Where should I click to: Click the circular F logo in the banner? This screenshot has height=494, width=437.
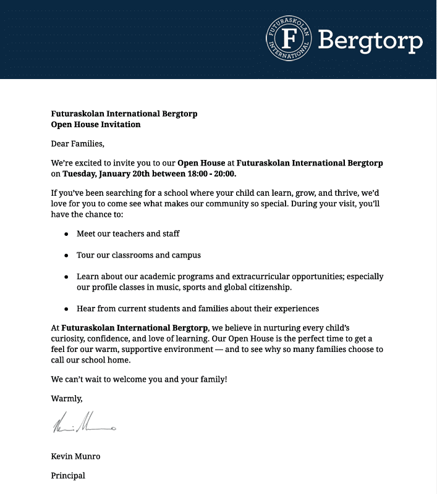[289, 38]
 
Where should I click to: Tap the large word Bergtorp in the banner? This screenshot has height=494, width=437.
[370, 41]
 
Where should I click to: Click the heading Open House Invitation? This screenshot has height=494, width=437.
[96, 124]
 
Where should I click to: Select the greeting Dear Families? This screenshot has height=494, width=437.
[78, 144]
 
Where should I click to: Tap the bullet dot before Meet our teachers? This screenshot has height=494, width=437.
[66, 234]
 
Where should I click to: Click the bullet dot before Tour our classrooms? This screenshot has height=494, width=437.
[66, 255]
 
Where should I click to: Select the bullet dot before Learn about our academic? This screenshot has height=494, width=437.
[66, 277]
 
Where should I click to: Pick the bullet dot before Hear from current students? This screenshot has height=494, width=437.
[66, 308]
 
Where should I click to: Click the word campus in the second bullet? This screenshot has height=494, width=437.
[187, 254]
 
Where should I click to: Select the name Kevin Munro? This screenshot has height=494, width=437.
[75, 456]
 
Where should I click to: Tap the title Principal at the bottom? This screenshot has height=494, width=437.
[68, 475]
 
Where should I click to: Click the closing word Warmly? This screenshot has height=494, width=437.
[67, 398]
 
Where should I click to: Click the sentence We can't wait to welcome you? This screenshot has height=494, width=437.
[139, 379]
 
